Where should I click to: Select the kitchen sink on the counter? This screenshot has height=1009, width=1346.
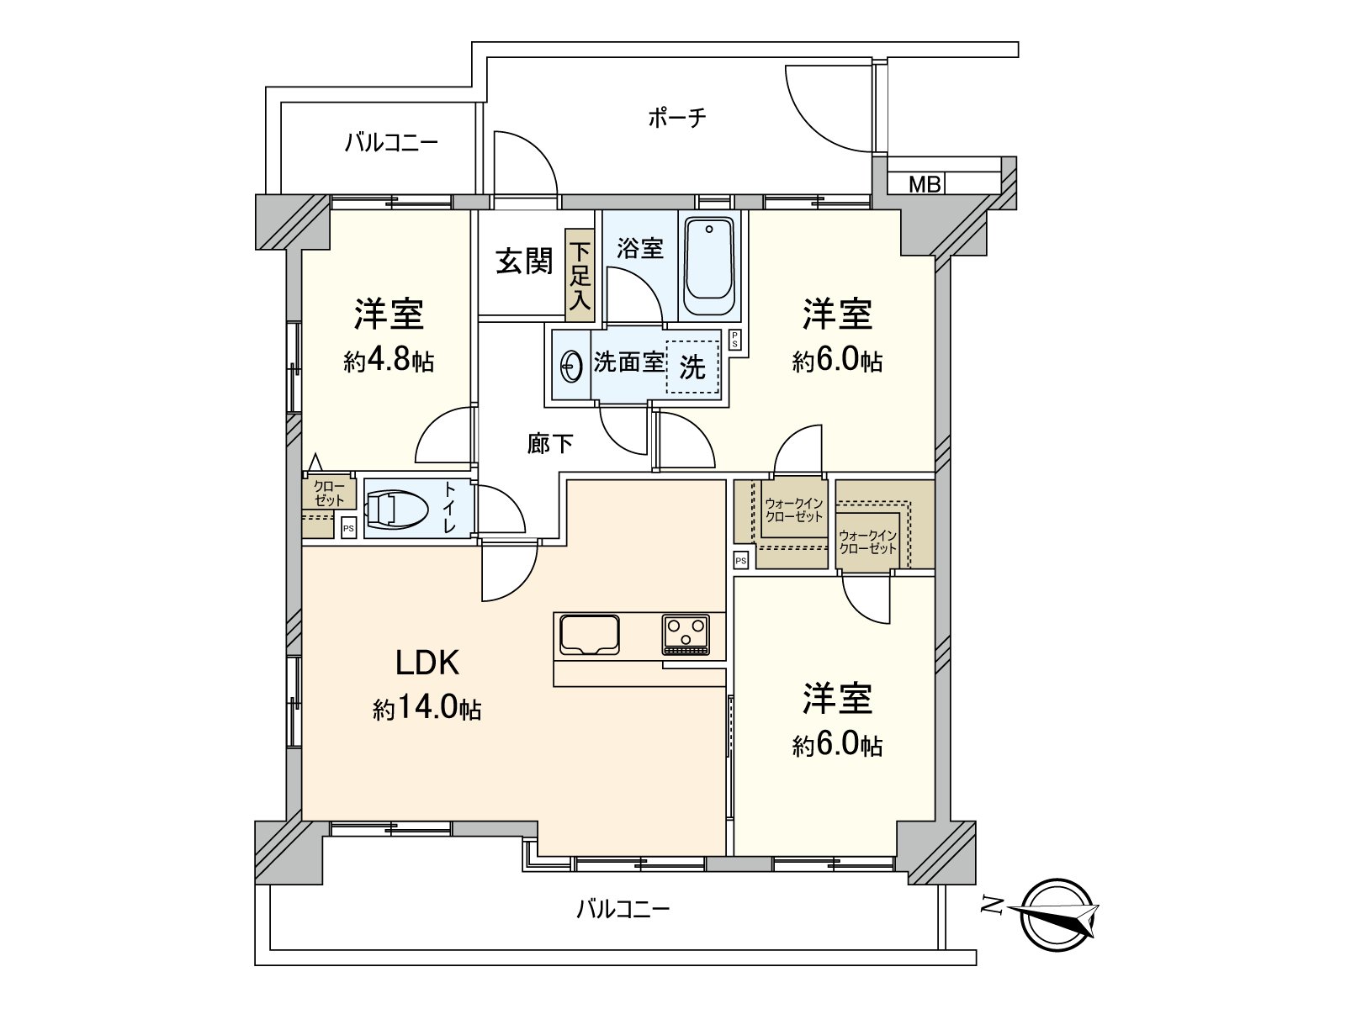pyautogui.click(x=588, y=634)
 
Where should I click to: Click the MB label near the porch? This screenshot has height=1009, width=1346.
pyautogui.click(x=925, y=184)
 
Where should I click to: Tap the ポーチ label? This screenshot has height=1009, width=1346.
pyautogui.click(x=676, y=118)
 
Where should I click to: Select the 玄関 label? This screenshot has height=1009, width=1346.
pyautogui.click(x=523, y=261)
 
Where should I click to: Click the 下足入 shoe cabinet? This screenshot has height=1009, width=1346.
pyautogui.click(x=579, y=276)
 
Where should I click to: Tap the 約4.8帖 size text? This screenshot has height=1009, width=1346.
pyautogui.click(x=389, y=362)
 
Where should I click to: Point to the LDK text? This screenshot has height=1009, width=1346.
pyautogui.click(x=427, y=663)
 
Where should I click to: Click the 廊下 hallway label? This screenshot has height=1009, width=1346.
pyautogui.click(x=550, y=443)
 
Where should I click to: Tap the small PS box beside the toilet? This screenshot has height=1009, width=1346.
pyautogui.click(x=348, y=528)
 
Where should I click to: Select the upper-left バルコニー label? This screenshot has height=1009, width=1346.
pyautogui.click(x=390, y=143)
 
